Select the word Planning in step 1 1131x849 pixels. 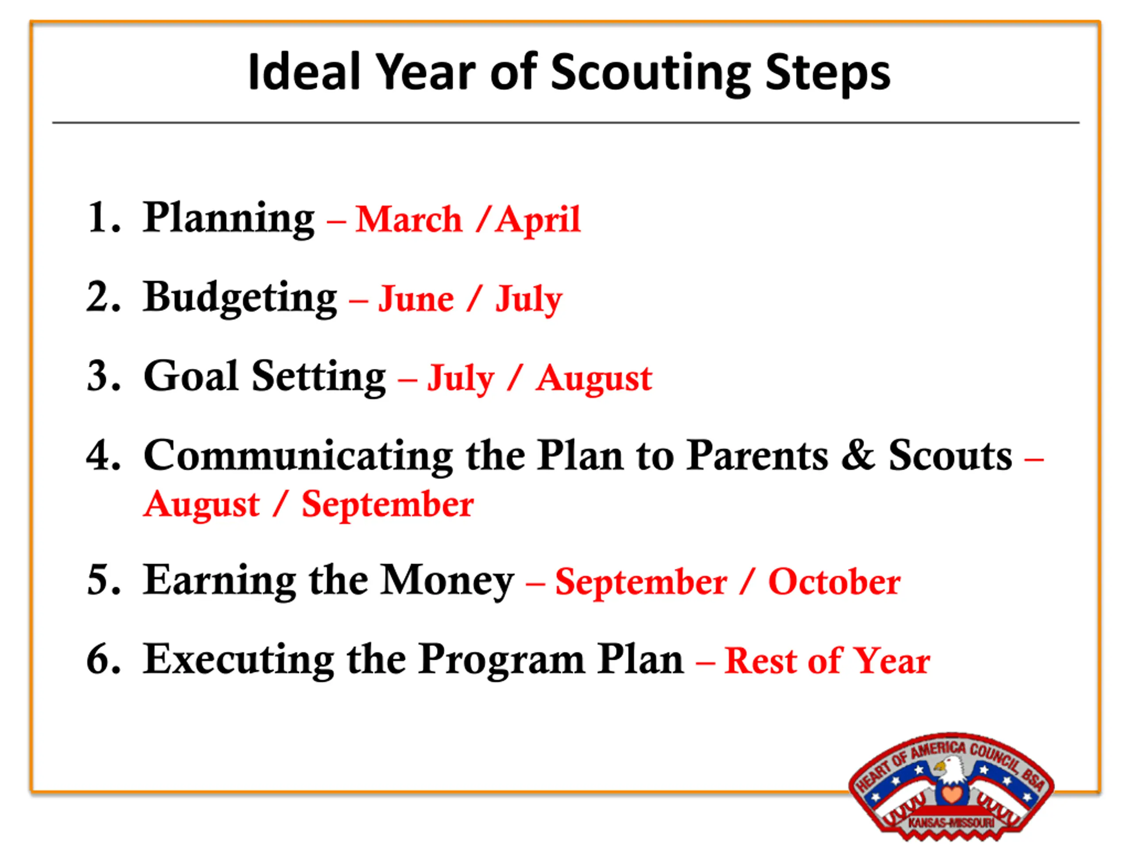(x=228, y=218)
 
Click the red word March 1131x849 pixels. (x=409, y=219)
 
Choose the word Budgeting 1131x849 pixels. (x=240, y=298)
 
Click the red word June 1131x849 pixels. (x=416, y=299)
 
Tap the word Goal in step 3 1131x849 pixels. (x=191, y=376)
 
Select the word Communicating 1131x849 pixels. (x=298, y=456)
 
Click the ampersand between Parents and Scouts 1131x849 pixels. (x=858, y=455)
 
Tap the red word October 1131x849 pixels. (x=835, y=582)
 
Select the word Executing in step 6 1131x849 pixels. (x=238, y=660)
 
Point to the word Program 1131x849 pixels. (x=503, y=661)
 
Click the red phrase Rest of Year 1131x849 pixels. (x=827, y=661)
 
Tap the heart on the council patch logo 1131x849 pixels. (x=952, y=795)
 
